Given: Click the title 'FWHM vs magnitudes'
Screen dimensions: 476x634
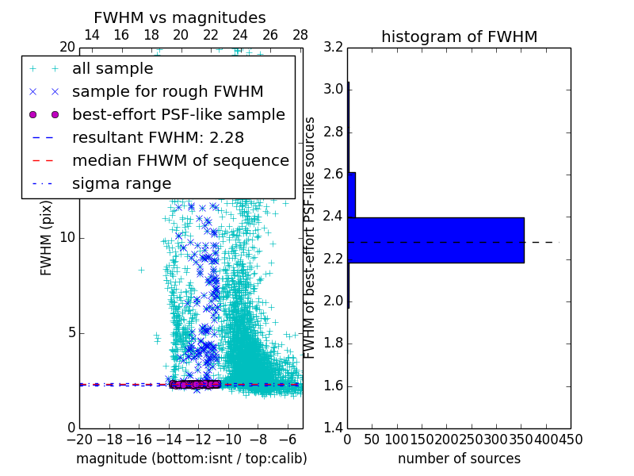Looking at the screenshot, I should click(x=180, y=17).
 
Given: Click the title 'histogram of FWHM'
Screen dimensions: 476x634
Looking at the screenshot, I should click(x=459, y=36).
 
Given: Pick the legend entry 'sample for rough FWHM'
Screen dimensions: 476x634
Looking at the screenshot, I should click(x=167, y=91).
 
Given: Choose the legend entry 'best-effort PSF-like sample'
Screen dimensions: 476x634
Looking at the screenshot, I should click(x=178, y=114).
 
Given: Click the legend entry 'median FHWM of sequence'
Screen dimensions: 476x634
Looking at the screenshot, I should click(x=180, y=160).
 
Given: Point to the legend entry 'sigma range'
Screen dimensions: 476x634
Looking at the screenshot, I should click(x=121, y=183).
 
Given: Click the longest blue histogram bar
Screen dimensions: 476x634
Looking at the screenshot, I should click(x=435, y=240).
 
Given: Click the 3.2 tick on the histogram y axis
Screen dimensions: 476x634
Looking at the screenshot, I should click(x=333, y=47).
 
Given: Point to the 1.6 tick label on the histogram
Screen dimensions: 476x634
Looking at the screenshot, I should click(x=333, y=386).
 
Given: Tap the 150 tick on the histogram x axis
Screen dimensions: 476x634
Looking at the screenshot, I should click(x=422, y=439).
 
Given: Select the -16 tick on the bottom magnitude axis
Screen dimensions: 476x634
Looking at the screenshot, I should click(x=139, y=439).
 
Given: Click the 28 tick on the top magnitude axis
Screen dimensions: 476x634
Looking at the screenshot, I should click(x=300, y=35).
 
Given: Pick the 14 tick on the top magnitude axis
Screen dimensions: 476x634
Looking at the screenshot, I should click(x=91, y=35).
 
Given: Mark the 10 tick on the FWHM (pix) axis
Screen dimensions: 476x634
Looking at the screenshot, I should click(x=67, y=237).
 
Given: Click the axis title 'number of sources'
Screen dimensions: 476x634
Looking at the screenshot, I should click(x=459, y=459).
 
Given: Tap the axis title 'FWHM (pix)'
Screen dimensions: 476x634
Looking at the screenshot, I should click(x=47, y=237).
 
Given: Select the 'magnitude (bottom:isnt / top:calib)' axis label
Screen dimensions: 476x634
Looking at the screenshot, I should click(x=191, y=459).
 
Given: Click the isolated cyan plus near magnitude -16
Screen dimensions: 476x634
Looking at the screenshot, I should click(x=141, y=270).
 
